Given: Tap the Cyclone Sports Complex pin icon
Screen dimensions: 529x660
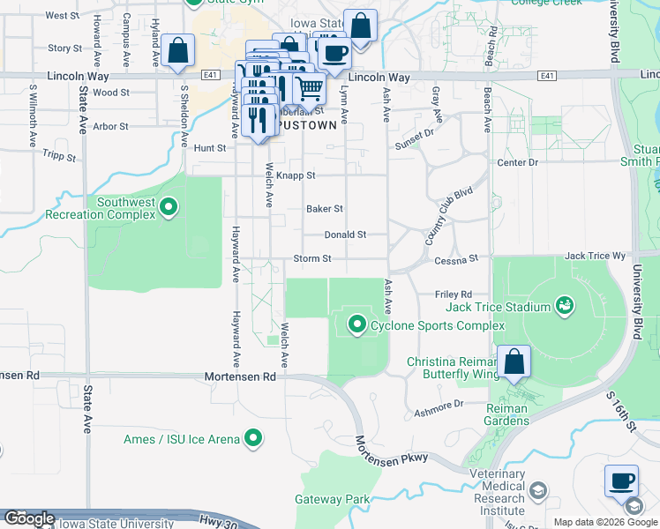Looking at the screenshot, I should [357, 325].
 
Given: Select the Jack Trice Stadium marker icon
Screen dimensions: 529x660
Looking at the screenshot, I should [564, 307].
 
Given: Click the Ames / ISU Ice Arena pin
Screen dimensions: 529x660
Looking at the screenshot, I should [254, 438].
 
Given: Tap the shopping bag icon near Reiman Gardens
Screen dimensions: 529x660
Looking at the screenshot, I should [513, 362].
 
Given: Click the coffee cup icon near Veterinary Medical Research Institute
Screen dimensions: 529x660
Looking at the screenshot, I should [622, 482].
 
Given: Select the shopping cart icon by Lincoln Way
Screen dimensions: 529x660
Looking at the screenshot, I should [309, 87].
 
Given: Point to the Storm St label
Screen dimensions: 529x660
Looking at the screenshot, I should [312, 259].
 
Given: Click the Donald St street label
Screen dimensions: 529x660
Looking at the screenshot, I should [345, 235].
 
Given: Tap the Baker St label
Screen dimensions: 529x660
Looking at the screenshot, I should [324, 209].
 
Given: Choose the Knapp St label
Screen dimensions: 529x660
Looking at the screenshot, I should [296, 176].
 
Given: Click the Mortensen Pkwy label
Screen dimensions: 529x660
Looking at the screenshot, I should [394, 451].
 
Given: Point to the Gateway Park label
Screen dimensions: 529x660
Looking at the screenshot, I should [332, 499].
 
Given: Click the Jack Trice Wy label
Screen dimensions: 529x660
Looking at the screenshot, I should [595, 256].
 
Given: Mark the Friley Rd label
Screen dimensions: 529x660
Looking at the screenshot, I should [454, 294].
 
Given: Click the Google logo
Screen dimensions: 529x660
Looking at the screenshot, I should [29, 518].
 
